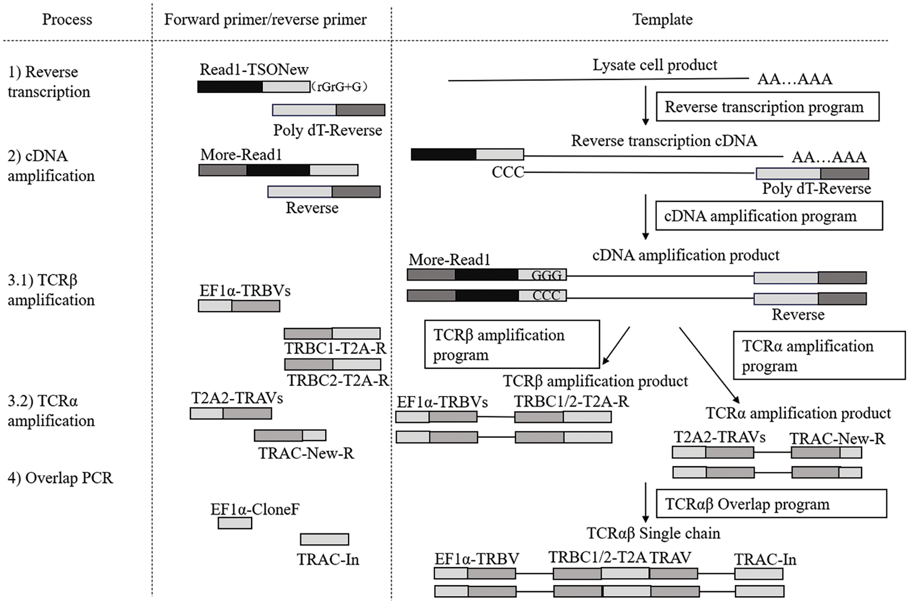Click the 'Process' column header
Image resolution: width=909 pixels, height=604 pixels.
67,20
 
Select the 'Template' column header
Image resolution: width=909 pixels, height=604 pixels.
662,20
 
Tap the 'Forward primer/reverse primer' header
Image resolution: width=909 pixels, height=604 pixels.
265,20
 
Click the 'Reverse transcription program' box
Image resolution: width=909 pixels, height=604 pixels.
767,107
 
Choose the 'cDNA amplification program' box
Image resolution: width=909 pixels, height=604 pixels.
769,216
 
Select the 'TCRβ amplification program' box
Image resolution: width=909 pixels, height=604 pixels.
512,344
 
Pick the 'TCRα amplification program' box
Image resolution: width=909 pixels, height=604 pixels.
819,355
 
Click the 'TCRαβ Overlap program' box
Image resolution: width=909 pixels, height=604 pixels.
771,504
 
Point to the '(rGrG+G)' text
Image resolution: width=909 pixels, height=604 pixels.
339,87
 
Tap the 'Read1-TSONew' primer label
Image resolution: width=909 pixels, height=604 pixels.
254,70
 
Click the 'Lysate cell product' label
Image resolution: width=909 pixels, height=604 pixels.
655,65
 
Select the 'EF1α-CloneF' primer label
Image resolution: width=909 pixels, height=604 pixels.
255,509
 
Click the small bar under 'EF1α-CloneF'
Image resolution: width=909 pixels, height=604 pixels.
235,523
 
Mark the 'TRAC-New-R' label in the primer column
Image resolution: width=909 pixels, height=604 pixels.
306,453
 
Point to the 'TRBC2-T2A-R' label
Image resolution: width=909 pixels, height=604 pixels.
337,380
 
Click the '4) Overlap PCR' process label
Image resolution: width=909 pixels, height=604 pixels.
60,478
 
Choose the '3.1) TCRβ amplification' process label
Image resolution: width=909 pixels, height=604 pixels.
51,290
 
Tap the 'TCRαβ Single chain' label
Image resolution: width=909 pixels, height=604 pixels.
653,533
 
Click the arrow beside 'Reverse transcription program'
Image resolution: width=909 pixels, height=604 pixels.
645,106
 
